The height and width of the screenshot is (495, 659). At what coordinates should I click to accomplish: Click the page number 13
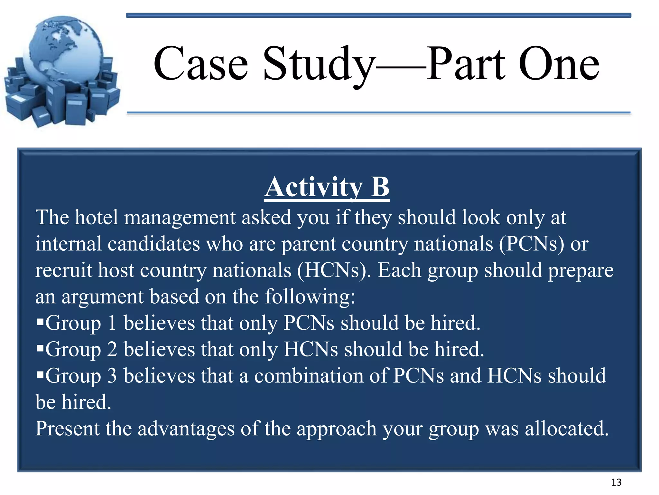[x=616, y=482]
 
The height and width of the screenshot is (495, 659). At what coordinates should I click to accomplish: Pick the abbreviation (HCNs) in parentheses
[x=331, y=270]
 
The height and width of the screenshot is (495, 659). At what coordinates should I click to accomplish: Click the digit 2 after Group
[x=112, y=350]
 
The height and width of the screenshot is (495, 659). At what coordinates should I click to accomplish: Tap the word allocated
[x=566, y=429]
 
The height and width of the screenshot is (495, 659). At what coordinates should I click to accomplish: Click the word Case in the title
[x=201, y=64]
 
